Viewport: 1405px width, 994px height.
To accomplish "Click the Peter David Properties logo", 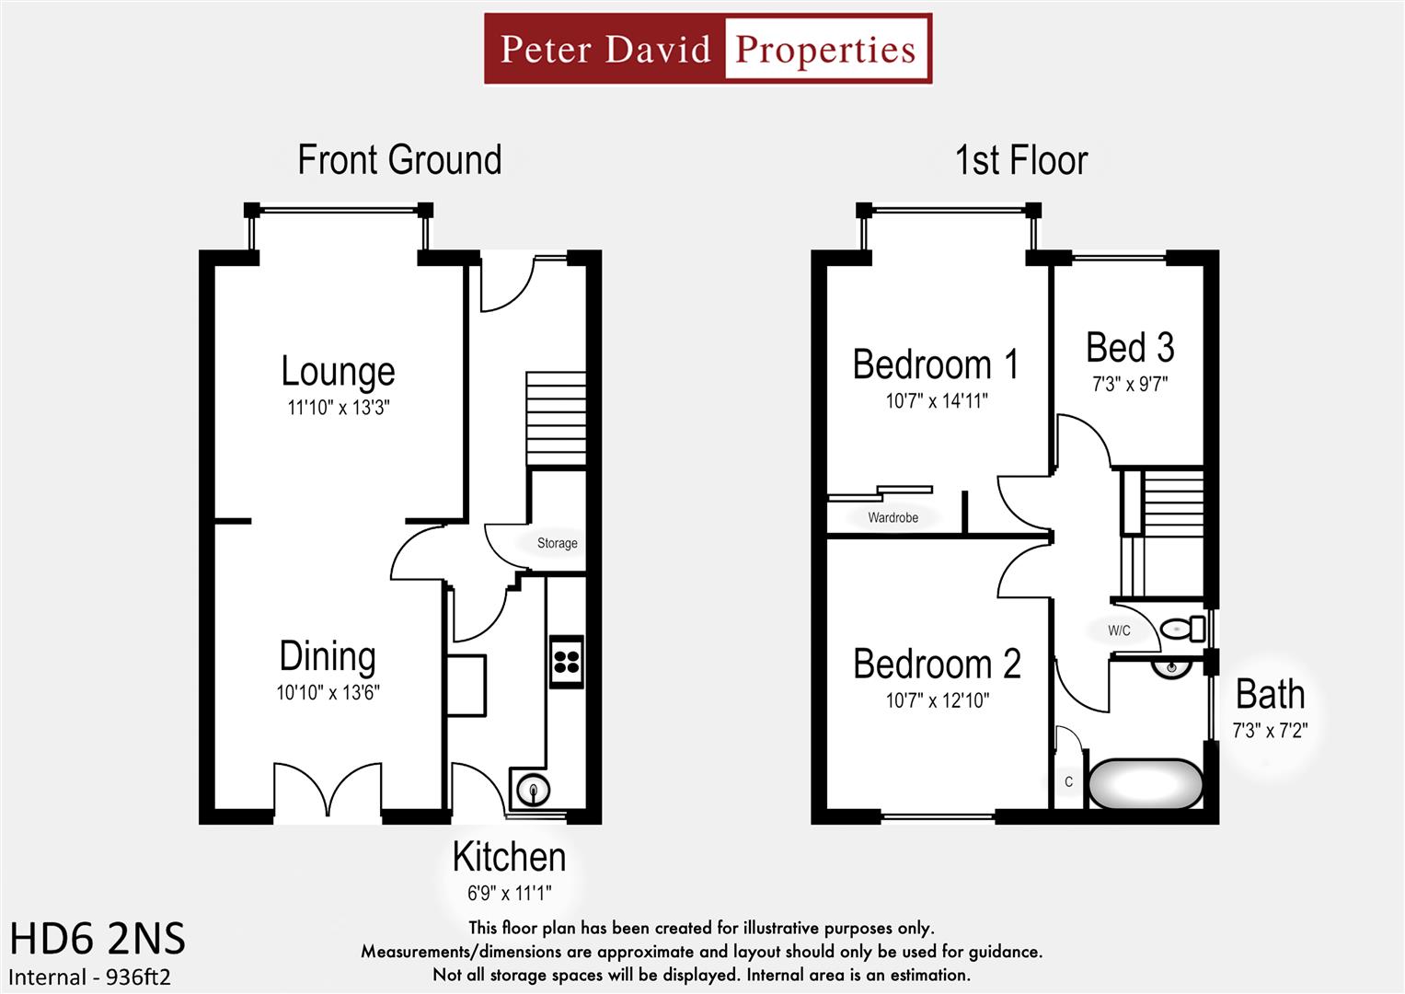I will pyautogui.click(x=708, y=49).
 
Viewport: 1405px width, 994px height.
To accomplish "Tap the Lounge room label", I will pyautogui.click(x=338, y=371).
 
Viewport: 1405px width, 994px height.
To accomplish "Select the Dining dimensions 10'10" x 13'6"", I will pyautogui.click(x=328, y=693).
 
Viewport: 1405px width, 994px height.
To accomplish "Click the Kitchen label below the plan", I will pyautogui.click(x=509, y=857).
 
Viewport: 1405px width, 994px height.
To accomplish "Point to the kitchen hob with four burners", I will pyautogui.click(x=567, y=661).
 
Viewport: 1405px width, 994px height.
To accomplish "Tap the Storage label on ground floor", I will pyautogui.click(x=557, y=543).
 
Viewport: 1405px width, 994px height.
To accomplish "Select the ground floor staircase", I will pyautogui.click(x=556, y=419).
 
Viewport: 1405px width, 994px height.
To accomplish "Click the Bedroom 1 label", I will pyautogui.click(x=936, y=364).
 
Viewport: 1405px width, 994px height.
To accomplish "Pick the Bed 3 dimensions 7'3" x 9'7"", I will pyautogui.click(x=1130, y=385).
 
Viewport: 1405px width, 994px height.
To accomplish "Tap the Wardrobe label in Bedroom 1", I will pyautogui.click(x=893, y=518).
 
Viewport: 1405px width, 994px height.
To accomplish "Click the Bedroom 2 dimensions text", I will pyautogui.click(x=937, y=701).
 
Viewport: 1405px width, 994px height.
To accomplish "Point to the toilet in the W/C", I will pyautogui.click(x=1181, y=629).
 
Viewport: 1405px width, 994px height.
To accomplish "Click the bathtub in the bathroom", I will pyautogui.click(x=1145, y=784).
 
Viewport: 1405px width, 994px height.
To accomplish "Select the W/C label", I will pyautogui.click(x=1119, y=630).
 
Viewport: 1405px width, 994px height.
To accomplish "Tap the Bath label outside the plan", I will pyautogui.click(x=1270, y=695).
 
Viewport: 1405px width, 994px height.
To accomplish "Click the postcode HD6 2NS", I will pyautogui.click(x=98, y=940).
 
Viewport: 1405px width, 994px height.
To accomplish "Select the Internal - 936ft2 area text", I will pyautogui.click(x=90, y=977).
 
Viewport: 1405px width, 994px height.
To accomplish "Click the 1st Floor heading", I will pyautogui.click(x=1021, y=160).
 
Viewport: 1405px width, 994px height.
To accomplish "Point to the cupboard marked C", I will pyautogui.click(x=1068, y=782).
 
